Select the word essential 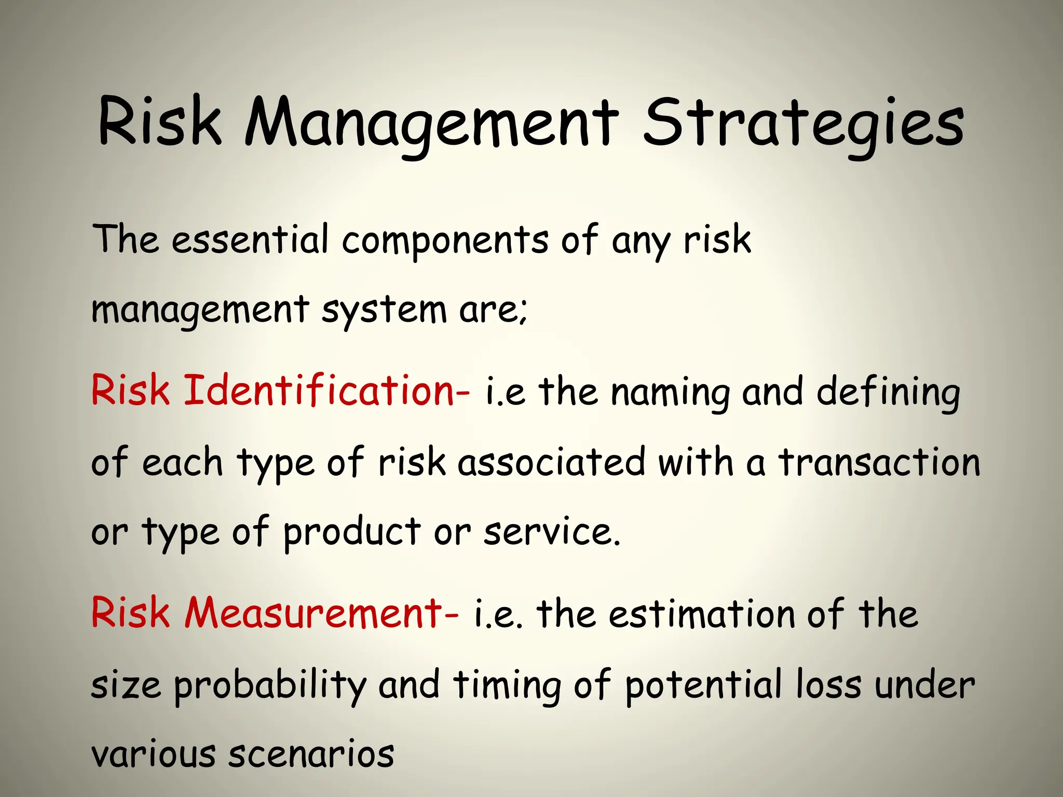point(250,240)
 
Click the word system point(384,310)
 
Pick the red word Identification point(327,390)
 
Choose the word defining point(888,393)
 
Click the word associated point(551,462)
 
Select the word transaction point(879,462)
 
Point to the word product point(351,532)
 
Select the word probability point(270,685)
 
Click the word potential point(703,685)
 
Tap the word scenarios point(311,754)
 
